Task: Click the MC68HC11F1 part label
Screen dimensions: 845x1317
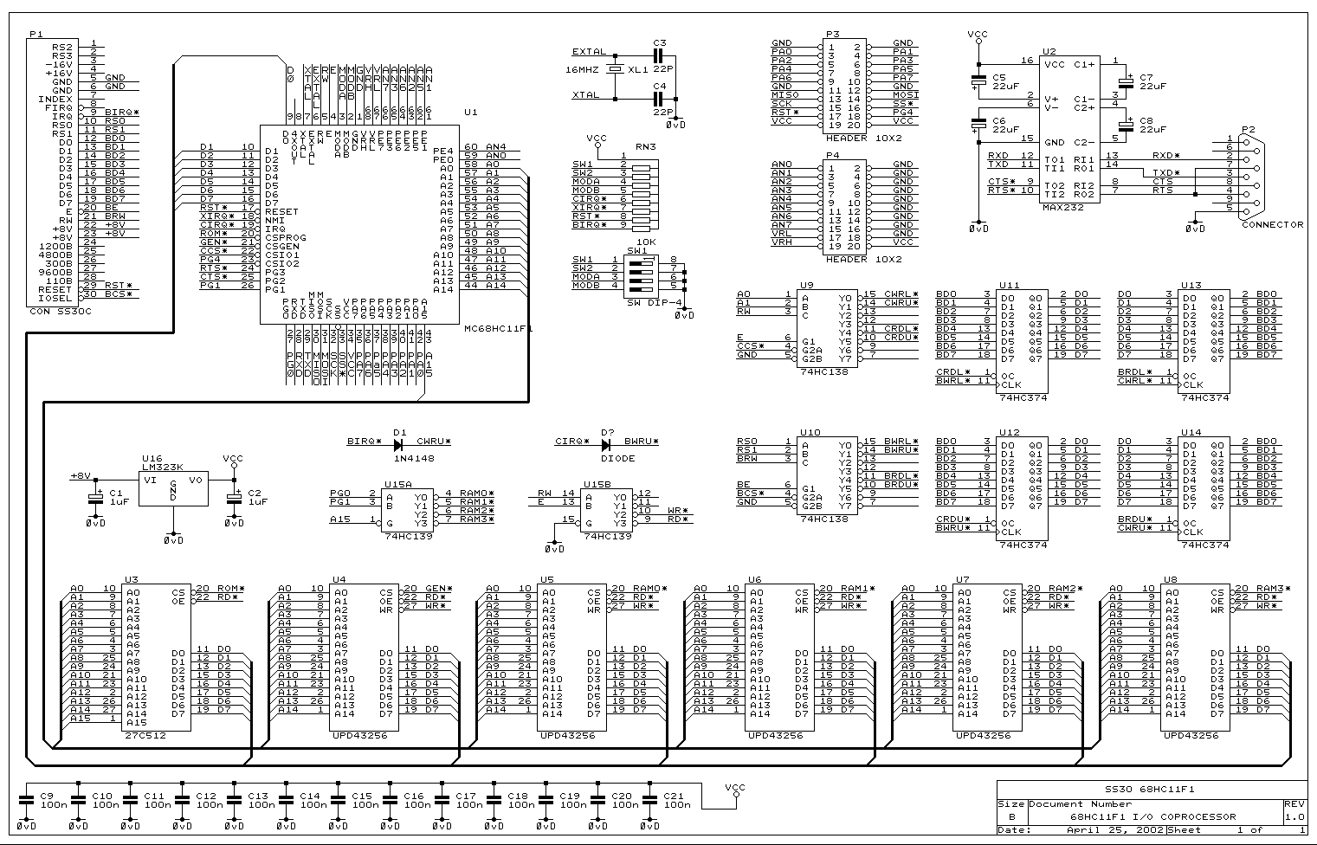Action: pos(498,329)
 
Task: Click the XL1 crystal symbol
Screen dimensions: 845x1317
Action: pos(615,68)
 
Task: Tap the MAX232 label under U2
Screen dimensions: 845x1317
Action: pos(1063,208)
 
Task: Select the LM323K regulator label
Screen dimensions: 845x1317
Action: pos(162,467)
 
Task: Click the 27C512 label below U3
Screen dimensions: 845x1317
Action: pos(145,735)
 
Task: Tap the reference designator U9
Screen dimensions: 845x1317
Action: pos(807,284)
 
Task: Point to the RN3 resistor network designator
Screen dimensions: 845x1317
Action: pos(645,146)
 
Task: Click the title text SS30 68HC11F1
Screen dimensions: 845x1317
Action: pos(1138,790)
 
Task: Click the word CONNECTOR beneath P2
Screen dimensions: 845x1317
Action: pos(1272,224)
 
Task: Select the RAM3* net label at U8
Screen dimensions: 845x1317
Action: pos(1272,589)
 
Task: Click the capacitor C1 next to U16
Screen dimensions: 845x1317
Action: pos(95,496)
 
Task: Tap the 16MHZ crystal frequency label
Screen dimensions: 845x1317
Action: pos(583,68)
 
